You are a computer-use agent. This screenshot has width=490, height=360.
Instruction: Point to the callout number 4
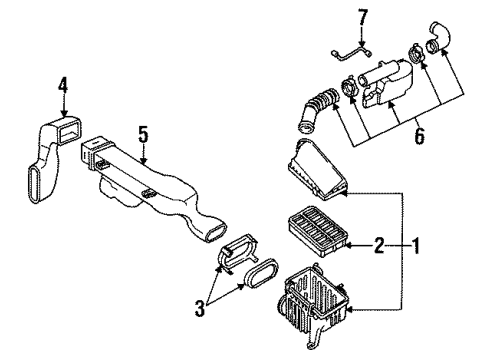coord(62,98)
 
